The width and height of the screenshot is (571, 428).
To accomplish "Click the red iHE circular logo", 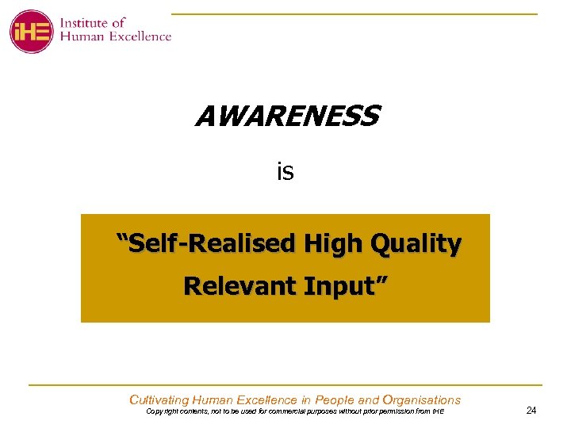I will (x=31, y=32).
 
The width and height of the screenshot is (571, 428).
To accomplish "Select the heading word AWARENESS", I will (x=287, y=117).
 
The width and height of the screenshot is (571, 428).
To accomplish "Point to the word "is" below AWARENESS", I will (x=285, y=170).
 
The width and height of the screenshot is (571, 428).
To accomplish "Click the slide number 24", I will (x=531, y=411).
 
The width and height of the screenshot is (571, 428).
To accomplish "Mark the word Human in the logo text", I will (x=84, y=36).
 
